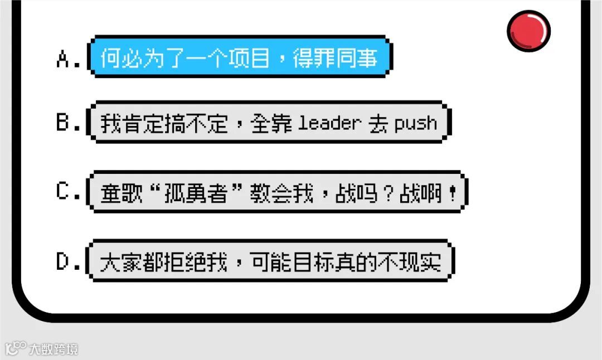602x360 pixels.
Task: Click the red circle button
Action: [528, 31]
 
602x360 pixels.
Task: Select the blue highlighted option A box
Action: [240, 57]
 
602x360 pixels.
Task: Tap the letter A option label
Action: [66, 58]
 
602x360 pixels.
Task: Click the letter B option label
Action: [66, 123]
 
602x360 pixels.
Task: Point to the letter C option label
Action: [66, 192]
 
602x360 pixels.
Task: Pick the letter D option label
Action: [66, 261]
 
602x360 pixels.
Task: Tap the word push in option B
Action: [415, 124]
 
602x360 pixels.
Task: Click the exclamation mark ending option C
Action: [452, 193]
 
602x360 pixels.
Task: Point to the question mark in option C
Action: [387, 193]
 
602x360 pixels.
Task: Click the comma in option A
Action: [281, 61]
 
